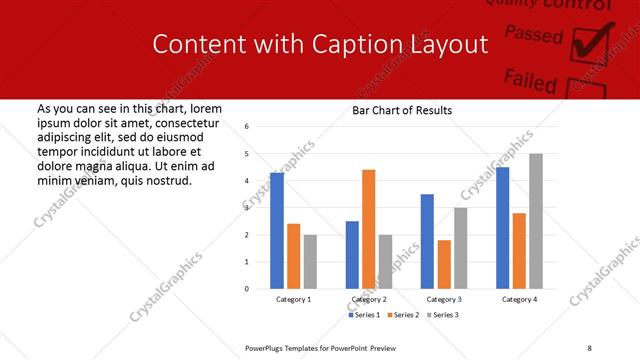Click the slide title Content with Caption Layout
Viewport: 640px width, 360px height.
click(320, 45)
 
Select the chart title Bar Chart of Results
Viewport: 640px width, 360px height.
click(402, 110)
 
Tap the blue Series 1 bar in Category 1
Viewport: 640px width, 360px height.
click(277, 230)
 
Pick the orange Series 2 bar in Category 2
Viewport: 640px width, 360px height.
click(368, 229)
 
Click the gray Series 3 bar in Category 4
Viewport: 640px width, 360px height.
click(536, 221)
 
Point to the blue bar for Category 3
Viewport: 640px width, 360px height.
click(427, 241)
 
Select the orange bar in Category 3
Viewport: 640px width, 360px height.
click(444, 264)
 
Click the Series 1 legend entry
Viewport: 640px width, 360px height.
click(363, 315)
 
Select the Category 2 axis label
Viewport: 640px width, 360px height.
click(368, 299)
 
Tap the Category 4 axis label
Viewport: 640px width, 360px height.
click(519, 299)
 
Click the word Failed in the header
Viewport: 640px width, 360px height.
click(530, 79)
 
